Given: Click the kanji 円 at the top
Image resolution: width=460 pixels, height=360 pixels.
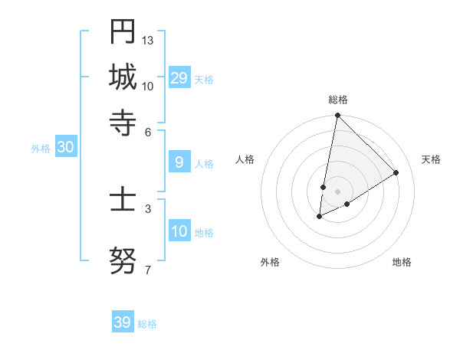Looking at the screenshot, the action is tap(123, 32).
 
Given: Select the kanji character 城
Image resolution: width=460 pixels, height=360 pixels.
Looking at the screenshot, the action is tap(123, 77).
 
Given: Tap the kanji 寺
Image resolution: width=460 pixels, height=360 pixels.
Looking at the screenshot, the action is tap(123, 122).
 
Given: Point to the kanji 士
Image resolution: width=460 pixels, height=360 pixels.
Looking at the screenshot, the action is tap(123, 201).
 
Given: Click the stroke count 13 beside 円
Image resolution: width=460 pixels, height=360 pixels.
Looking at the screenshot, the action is tap(148, 39).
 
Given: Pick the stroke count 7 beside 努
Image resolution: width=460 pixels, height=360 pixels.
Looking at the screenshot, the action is tap(147, 269).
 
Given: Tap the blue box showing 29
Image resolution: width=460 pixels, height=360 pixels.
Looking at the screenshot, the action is tap(179, 78).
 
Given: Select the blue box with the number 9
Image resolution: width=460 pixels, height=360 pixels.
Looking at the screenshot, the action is tap(179, 162).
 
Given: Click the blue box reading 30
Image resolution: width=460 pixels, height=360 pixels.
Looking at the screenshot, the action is tap(65, 148).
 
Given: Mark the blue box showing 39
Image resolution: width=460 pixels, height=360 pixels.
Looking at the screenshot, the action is tap(123, 322).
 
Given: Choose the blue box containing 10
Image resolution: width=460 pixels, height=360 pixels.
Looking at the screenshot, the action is tap(179, 231).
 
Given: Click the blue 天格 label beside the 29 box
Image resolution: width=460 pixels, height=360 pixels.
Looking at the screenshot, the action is tap(204, 80).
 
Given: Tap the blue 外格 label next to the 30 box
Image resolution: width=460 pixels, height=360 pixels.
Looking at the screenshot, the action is tap(41, 149).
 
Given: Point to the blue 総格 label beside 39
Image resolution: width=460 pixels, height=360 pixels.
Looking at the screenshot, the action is tap(147, 324).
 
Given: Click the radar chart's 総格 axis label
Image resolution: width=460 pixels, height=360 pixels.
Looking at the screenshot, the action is tap(338, 100).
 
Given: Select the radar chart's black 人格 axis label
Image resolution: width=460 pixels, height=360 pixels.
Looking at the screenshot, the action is tap(245, 159).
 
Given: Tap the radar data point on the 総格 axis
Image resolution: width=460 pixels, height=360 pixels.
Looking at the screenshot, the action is tap(337, 116).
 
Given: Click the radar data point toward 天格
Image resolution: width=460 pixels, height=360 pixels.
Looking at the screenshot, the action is tap(396, 172).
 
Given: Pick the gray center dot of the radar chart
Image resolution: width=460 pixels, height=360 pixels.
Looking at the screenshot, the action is tap(337, 191).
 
